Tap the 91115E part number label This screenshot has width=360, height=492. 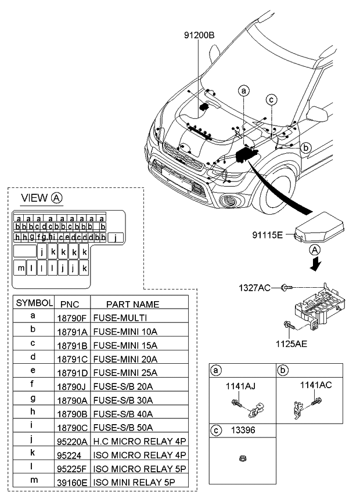(267, 234)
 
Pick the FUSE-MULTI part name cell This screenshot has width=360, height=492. (119, 318)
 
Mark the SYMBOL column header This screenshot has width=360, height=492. (34, 303)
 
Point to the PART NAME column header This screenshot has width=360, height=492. (132, 304)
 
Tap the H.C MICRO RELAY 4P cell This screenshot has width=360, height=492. (136, 441)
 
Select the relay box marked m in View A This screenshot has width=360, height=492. (21, 269)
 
